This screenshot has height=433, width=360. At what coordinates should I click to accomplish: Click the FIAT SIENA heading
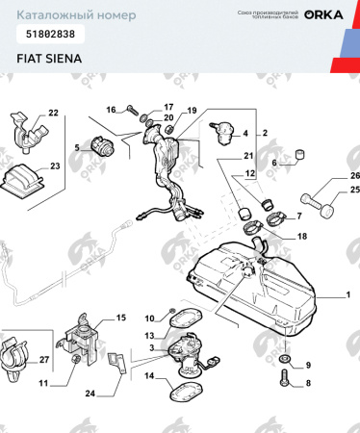[49, 58]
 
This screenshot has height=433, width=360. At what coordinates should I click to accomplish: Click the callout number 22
[53, 114]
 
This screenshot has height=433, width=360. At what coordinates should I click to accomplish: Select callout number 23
[54, 166]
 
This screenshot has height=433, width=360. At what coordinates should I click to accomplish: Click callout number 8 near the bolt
[308, 383]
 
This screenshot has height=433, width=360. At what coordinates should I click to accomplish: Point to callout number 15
[120, 317]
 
